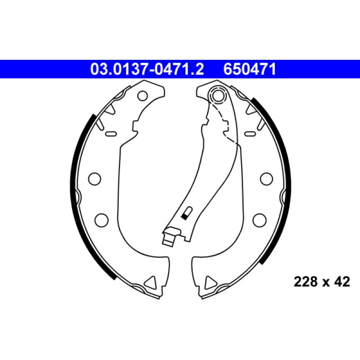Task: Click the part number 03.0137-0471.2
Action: [x=147, y=69]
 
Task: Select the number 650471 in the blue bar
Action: [x=250, y=69]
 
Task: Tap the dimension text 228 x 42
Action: [x=322, y=282]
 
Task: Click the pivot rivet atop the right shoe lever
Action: [x=217, y=95]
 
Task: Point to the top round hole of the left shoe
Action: [x=143, y=96]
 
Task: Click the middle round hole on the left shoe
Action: [x=94, y=178]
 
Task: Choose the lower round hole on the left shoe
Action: [x=102, y=220]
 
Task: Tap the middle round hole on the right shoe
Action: [x=266, y=179]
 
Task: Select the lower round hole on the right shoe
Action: [x=260, y=220]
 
